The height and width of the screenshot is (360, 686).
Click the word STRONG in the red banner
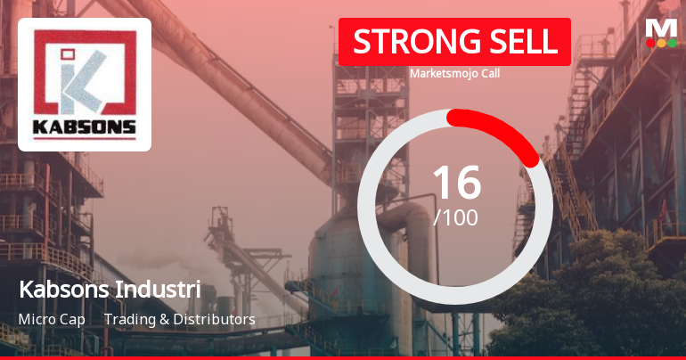[405, 42]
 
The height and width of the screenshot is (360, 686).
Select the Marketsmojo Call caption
[454, 73]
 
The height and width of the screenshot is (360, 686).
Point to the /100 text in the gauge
[455, 217]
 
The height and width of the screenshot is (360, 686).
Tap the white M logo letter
[661, 27]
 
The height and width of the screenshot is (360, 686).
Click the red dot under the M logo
[650, 43]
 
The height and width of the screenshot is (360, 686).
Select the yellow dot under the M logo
[661, 43]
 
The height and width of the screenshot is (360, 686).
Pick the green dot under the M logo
[672, 43]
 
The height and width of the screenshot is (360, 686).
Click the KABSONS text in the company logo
[85, 126]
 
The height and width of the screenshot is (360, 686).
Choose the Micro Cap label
[51, 319]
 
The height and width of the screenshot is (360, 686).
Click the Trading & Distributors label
[179, 319]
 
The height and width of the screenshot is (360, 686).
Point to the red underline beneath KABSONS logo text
[85, 137]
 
